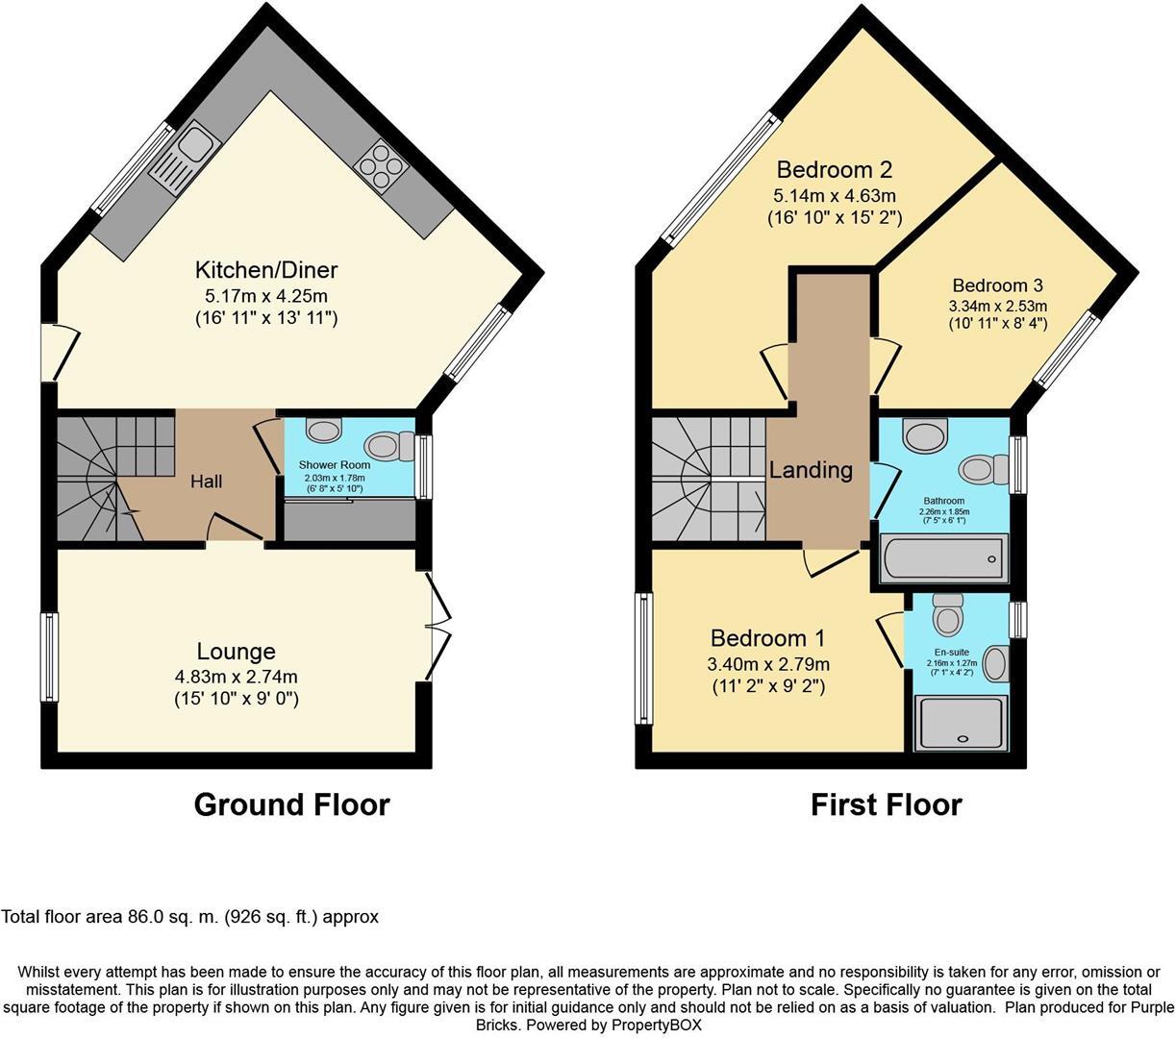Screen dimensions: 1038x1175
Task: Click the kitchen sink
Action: point(187,160)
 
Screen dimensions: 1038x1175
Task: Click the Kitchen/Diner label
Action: point(266,270)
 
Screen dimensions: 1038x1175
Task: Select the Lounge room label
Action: point(237,652)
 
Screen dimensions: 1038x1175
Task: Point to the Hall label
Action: point(206,481)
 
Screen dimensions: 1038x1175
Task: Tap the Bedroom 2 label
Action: point(835,170)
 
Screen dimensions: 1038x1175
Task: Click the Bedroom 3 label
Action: point(997,285)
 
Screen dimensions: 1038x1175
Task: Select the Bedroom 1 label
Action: point(768,638)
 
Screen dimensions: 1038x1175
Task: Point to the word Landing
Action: point(811,470)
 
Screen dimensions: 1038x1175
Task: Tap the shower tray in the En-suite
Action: point(959,723)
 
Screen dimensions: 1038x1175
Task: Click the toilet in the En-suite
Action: point(948,614)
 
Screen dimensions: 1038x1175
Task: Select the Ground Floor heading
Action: point(292,804)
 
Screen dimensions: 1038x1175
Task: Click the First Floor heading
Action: point(886,804)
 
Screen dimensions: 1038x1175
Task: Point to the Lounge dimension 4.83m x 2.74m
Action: point(237,676)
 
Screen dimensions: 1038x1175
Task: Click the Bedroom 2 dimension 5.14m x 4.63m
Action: point(835,196)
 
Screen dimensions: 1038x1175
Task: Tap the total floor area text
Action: point(190,917)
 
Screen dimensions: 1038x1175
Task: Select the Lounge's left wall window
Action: point(49,656)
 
